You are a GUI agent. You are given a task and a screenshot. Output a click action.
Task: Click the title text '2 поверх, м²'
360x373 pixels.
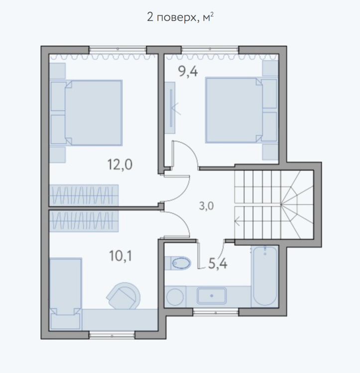tap(180, 18)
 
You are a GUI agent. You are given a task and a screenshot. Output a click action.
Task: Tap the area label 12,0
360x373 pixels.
tap(120, 164)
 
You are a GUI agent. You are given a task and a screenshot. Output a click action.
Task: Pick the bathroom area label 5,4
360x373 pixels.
tap(218, 264)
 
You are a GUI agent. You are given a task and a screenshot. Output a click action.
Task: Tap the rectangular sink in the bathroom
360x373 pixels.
tap(212, 296)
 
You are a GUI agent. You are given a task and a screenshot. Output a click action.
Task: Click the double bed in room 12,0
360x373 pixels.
tap(93, 113)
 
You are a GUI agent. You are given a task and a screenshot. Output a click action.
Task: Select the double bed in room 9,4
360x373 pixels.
tap(234, 110)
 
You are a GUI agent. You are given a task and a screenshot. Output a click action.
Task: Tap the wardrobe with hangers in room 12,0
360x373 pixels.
tap(84, 194)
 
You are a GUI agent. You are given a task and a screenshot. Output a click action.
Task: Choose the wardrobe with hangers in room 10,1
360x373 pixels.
tap(84, 220)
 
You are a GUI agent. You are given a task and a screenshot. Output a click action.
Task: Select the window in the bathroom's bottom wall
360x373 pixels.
tap(215, 312)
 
